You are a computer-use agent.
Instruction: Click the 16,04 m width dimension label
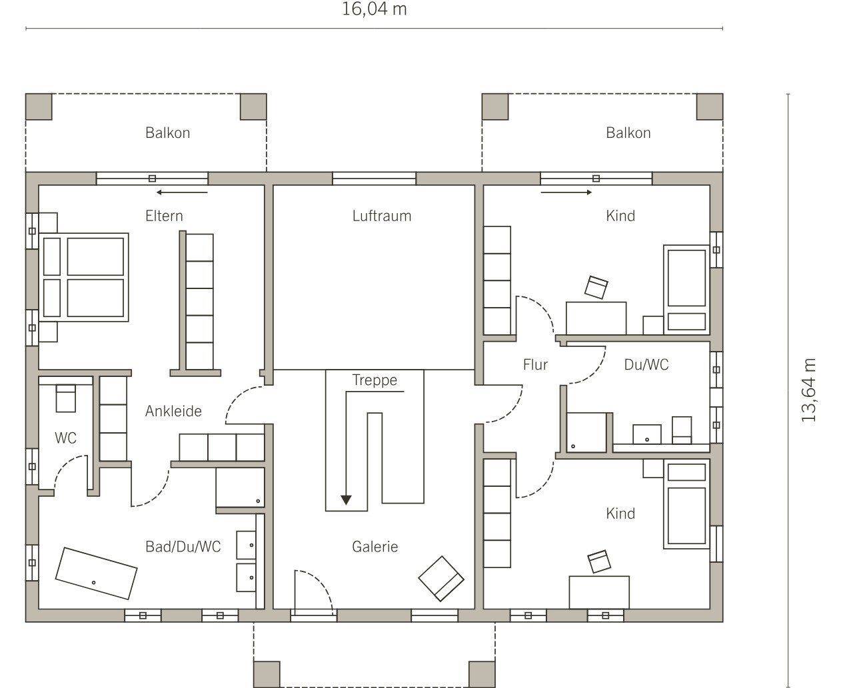click(x=375, y=9)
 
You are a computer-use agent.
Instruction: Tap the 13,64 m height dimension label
click(x=808, y=390)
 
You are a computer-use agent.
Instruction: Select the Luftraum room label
click(x=382, y=216)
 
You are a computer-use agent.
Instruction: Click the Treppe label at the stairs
click(x=375, y=380)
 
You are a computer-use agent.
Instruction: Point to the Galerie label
click(x=375, y=547)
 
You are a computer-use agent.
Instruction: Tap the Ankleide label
click(x=173, y=412)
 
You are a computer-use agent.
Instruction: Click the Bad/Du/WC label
click(x=183, y=547)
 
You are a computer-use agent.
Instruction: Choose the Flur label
click(x=535, y=364)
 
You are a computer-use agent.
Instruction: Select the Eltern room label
click(x=164, y=216)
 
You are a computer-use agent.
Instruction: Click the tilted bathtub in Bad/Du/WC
click(x=96, y=573)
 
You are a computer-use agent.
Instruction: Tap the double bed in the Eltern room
click(x=83, y=277)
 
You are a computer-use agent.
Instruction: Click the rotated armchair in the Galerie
click(x=441, y=578)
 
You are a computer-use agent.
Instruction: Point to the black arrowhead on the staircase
click(x=346, y=500)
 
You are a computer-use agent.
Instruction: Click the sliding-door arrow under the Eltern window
click(x=182, y=192)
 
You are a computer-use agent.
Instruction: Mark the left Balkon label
click(x=168, y=133)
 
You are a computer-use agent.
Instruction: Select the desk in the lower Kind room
click(x=599, y=592)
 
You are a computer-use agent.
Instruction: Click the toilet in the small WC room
click(x=66, y=398)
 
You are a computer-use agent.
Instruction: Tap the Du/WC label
click(x=646, y=364)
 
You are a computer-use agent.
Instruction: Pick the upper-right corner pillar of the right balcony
click(x=710, y=107)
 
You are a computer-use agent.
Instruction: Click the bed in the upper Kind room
click(x=687, y=289)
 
